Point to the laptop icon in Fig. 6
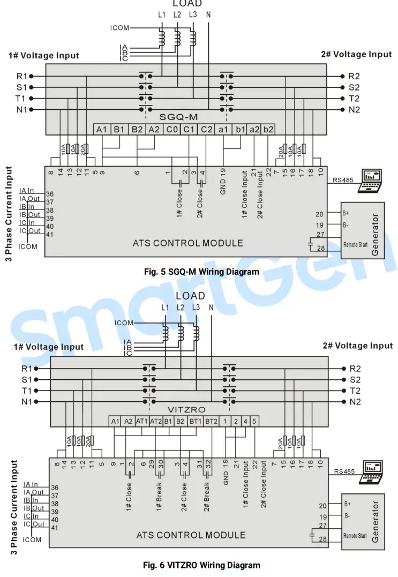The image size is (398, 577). (373, 470)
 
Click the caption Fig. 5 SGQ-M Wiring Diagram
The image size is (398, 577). (202, 272)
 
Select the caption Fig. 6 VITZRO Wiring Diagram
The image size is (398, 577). (202, 565)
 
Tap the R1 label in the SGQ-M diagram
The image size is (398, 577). (20, 76)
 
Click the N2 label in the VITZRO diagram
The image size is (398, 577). (355, 402)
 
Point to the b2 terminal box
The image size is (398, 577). (269, 129)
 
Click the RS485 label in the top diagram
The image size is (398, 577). (343, 180)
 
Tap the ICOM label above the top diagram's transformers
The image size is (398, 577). (119, 28)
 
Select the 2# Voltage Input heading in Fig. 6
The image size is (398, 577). (357, 346)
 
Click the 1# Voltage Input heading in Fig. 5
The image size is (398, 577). (43, 55)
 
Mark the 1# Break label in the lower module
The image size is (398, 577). (159, 496)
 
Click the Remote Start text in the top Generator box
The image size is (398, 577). (355, 245)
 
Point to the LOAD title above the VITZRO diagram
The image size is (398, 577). (190, 295)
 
